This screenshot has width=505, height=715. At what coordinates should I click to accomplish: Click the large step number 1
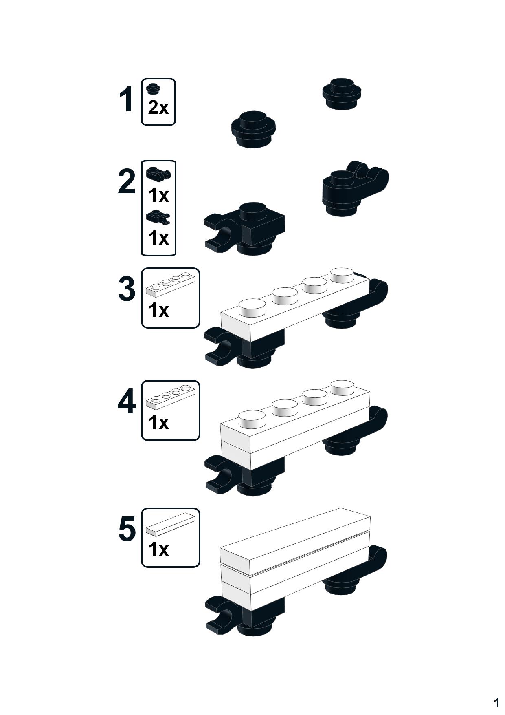tap(127, 99)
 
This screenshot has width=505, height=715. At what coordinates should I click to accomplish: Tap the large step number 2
tap(127, 181)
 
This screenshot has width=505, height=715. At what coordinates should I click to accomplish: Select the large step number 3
tap(127, 289)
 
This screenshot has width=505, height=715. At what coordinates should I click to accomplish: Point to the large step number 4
tap(127, 402)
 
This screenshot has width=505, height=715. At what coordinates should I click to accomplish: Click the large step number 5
tap(127, 529)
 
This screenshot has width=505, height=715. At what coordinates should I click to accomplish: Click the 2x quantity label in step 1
tap(158, 108)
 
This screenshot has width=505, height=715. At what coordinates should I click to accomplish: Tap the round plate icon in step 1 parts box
tap(153, 88)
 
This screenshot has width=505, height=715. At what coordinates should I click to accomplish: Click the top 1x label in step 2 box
tap(158, 195)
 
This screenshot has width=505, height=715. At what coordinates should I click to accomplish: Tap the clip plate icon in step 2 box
tap(158, 217)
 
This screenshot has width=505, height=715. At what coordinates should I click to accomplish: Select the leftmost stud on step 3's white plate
tap(252, 308)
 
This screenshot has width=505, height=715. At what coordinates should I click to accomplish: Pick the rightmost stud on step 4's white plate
tap(342, 387)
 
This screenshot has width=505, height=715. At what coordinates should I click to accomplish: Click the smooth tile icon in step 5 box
tap(170, 524)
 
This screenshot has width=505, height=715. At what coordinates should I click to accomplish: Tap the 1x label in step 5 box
tap(158, 549)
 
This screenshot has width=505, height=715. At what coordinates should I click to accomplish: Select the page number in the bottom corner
tap(496, 702)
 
